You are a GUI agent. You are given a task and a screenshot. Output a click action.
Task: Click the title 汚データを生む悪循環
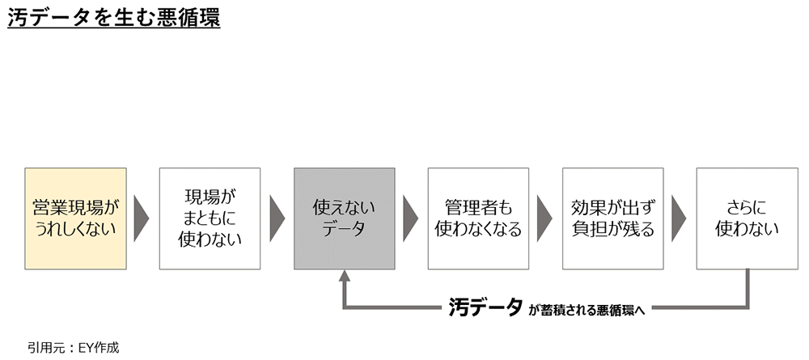tap(114, 18)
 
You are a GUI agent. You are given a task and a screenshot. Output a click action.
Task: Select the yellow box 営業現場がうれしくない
tap(75, 218)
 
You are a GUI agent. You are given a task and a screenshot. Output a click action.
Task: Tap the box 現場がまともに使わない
tap(210, 218)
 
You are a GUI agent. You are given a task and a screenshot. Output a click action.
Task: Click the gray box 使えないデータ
tap(345, 218)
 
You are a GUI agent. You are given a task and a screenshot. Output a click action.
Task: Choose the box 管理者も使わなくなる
tap(478, 218)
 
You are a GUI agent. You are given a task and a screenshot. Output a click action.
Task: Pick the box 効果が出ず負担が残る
tap(612, 218)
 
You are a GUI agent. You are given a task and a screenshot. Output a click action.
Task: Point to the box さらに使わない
tap(747, 218)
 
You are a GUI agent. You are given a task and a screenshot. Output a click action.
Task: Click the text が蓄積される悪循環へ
tap(587, 308)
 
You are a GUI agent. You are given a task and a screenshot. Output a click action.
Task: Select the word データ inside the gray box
tap(345, 229)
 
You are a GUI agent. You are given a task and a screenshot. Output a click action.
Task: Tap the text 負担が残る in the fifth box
tap(612, 229)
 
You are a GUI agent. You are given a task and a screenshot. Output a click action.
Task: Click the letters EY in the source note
tap(86, 347)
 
